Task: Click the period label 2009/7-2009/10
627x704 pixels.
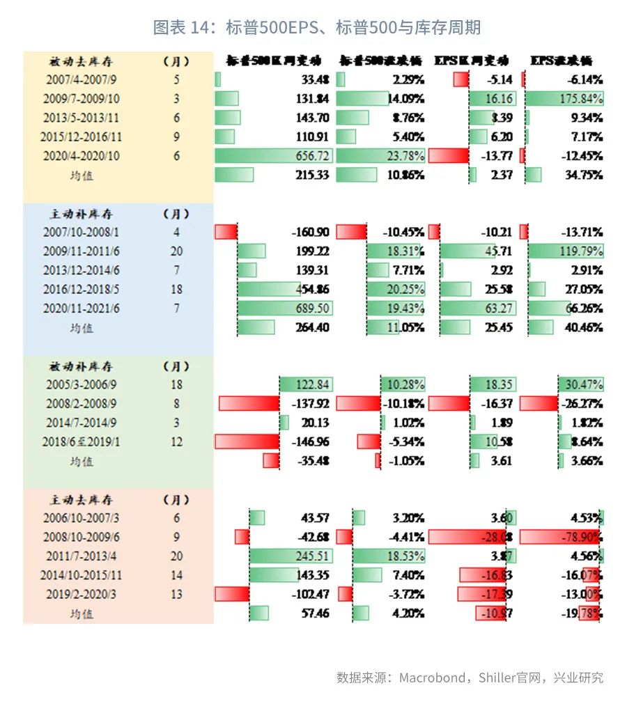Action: click(82, 99)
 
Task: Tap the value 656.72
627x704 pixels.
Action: click(312, 156)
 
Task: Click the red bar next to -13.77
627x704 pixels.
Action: click(448, 156)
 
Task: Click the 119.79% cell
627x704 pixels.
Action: click(581, 251)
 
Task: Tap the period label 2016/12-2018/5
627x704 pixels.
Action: click(82, 290)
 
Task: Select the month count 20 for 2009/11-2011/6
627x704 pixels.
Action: click(176, 251)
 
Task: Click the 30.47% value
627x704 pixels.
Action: click(584, 385)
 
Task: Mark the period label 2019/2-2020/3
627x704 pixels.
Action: click(82, 595)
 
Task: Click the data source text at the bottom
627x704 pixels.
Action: click(470, 678)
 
